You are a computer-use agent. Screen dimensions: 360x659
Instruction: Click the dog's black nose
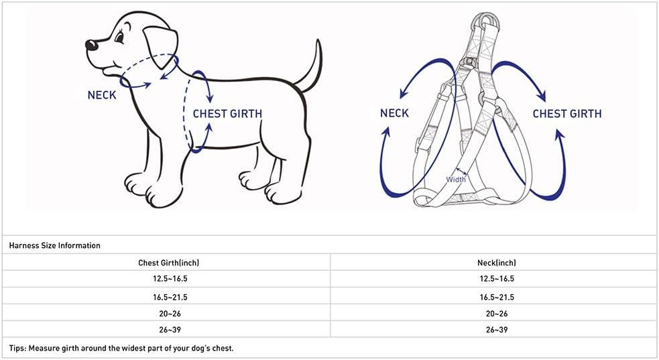[x=91, y=45]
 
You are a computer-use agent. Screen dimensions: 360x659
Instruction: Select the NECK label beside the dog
[x=102, y=95]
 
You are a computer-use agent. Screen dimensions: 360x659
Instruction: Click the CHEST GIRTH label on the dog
[x=227, y=113]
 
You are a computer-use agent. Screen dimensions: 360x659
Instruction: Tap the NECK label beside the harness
[x=394, y=113]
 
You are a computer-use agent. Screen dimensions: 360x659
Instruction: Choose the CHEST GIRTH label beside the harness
[x=567, y=113]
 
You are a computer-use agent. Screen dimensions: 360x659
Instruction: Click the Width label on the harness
[x=456, y=179]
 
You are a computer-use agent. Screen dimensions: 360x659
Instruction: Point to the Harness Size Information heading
[x=55, y=245]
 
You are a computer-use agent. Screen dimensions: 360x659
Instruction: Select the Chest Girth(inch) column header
[x=168, y=263]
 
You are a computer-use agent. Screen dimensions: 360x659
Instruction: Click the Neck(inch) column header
[x=497, y=263]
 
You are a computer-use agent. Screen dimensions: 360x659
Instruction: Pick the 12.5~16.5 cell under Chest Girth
[x=168, y=279]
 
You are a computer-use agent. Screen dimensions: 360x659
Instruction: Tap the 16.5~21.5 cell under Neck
[x=497, y=296]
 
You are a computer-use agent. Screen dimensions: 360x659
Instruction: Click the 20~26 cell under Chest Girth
[x=168, y=313]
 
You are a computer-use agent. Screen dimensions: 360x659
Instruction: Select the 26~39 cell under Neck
[x=497, y=330]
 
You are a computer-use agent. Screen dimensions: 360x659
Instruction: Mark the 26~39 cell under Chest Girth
[x=168, y=330]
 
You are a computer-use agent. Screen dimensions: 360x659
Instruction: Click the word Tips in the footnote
[x=18, y=348]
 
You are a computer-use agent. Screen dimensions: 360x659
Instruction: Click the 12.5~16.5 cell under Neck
[x=497, y=279]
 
